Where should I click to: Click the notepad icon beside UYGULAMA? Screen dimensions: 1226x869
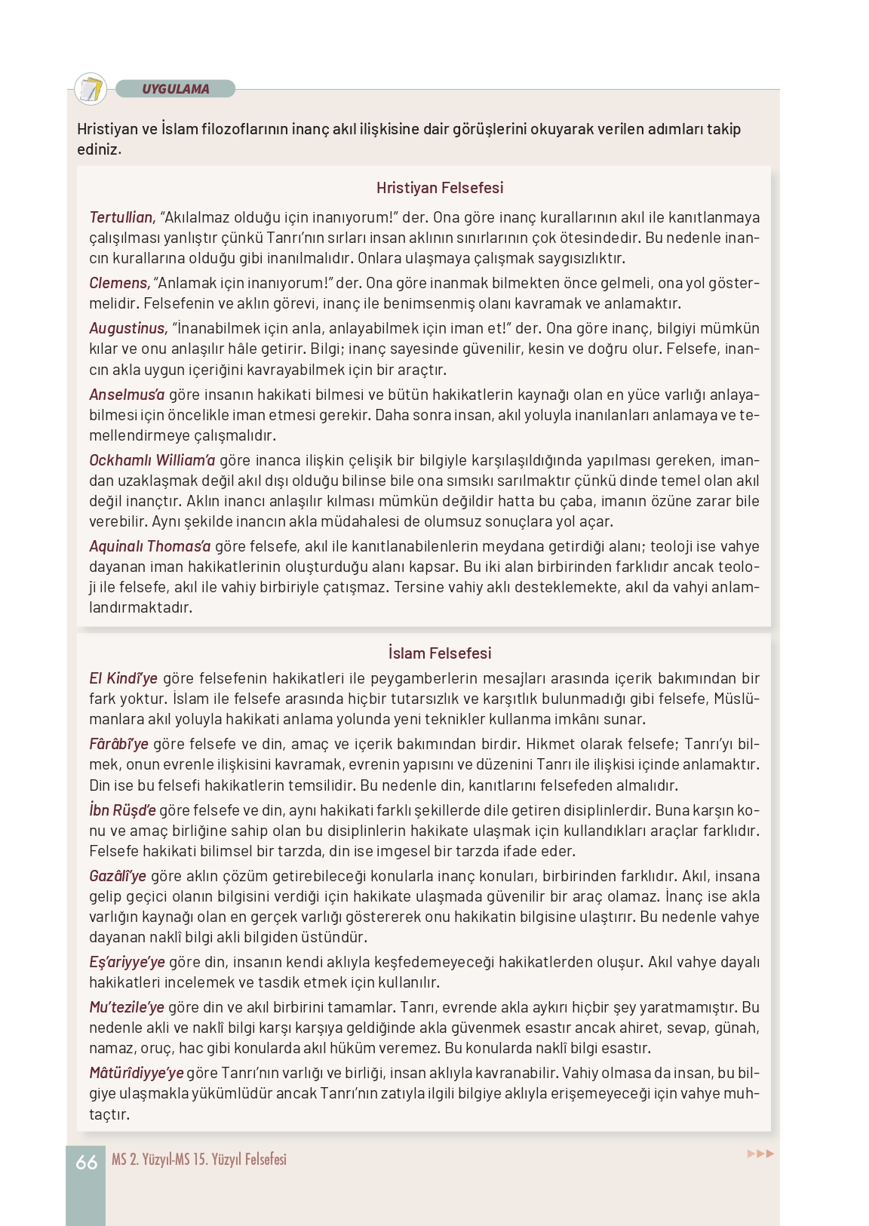click(x=91, y=89)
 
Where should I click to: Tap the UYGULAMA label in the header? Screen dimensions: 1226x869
click(x=175, y=89)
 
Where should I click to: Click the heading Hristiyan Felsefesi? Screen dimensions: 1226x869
click(x=439, y=188)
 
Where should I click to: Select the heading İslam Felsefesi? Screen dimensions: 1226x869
click(x=439, y=653)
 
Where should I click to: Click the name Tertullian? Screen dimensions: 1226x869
click(x=121, y=217)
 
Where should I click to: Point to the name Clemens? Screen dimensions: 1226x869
click(x=119, y=283)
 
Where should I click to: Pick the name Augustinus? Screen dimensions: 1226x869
click(x=127, y=328)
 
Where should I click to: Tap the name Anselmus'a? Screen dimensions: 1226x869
click(x=126, y=395)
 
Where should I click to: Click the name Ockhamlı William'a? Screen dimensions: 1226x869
click(x=152, y=460)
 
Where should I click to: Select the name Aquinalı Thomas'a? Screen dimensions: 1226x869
click(x=149, y=546)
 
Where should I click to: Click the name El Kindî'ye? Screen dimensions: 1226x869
click(x=123, y=678)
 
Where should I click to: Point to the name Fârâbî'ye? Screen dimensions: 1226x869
click(x=118, y=744)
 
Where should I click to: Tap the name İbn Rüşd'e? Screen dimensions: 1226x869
click(x=122, y=810)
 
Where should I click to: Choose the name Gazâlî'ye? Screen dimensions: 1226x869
click(x=117, y=876)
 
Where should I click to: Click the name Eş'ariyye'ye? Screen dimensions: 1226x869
click(x=126, y=962)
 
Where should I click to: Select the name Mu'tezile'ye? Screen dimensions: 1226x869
click(x=126, y=1007)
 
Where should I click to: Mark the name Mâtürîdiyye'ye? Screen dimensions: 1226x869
click(x=136, y=1073)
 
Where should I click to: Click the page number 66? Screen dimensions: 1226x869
click(x=86, y=1163)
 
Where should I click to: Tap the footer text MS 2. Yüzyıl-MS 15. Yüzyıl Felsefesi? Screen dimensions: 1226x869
click(x=198, y=1160)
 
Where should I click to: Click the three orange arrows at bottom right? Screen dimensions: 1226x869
click(x=760, y=1154)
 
